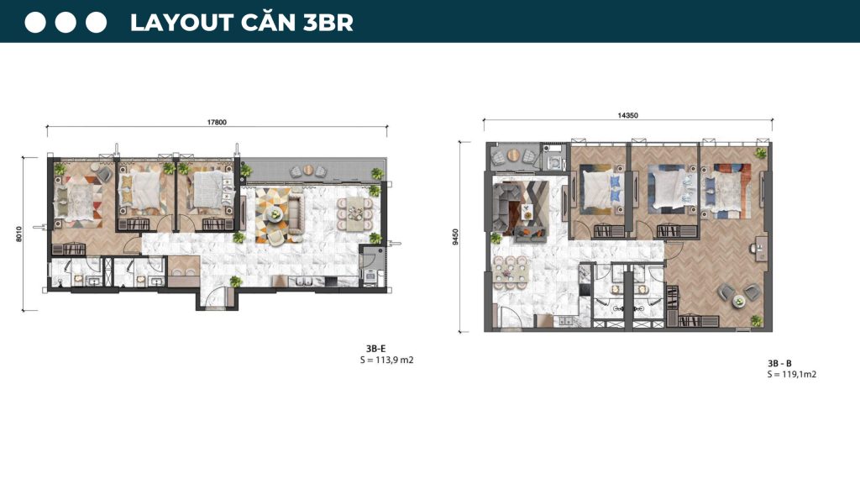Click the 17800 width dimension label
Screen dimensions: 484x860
(217, 122)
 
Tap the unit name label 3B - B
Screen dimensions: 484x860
(779, 363)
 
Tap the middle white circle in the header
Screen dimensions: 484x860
(66, 23)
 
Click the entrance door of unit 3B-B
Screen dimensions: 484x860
(514, 317)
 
